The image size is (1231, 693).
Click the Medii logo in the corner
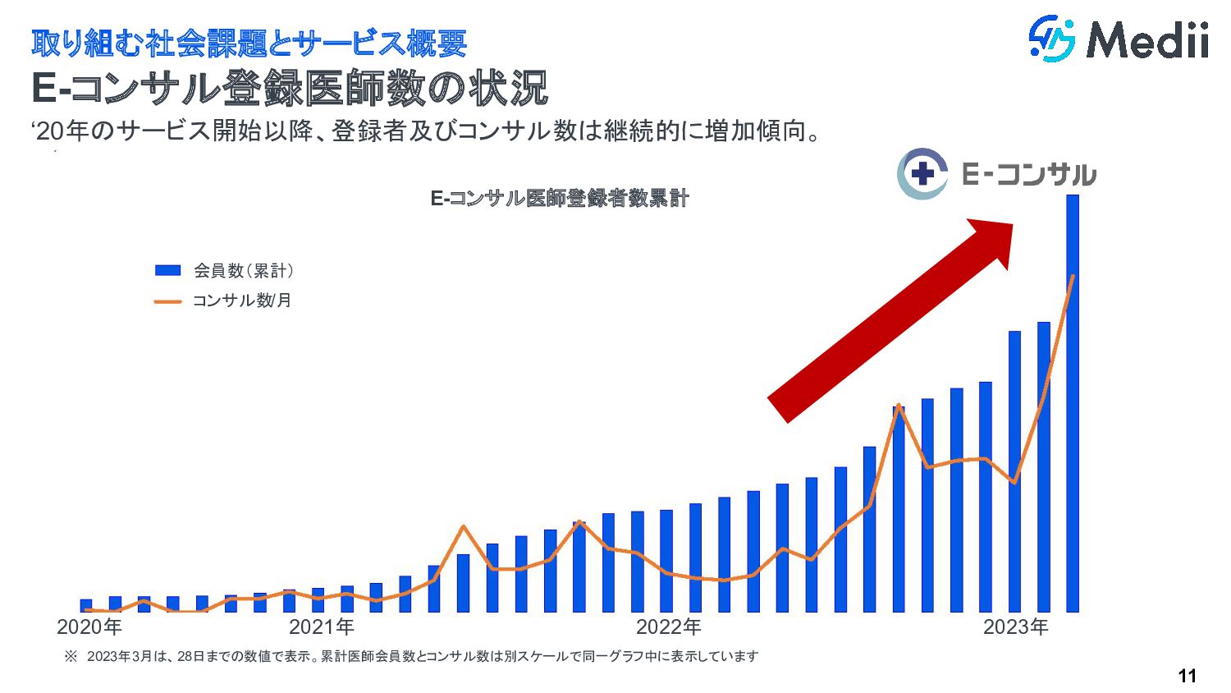pos(1118,39)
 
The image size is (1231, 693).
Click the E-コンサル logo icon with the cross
pos(922,173)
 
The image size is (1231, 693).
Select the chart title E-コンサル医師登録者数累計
pos(560,198)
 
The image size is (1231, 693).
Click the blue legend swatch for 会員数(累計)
pos(167,270)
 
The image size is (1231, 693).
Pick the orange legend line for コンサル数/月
pos(167,301)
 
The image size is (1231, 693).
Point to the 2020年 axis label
pos(89,627)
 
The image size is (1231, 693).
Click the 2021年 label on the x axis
pos(322,627)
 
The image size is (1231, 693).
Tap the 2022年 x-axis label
pos(669,627)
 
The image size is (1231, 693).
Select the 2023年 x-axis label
pos(1016,627)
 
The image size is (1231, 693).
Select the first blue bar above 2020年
pos(86,606)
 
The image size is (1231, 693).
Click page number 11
pos(1187,676)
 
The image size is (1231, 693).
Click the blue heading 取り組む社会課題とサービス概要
pos(249,44)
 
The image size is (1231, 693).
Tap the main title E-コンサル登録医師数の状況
pos(290,89)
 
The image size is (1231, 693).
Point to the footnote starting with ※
pos(410,656)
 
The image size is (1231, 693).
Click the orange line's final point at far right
pos(1073,276)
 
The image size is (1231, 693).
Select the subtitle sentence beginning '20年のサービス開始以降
pos(427,131)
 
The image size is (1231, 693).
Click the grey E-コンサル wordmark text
pos(1028,174)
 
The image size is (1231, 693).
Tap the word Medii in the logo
pos(1147,39)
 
